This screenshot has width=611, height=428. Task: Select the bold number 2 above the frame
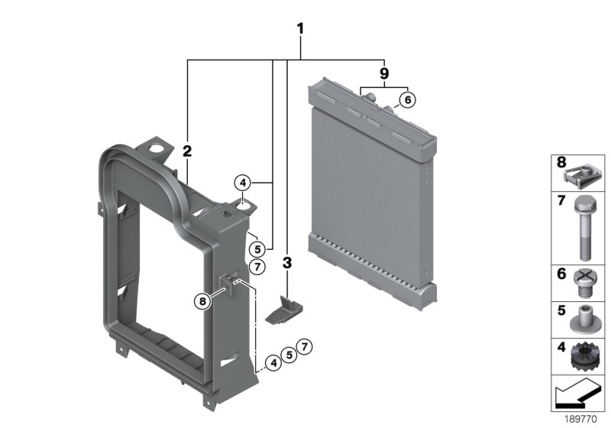pos(186,151)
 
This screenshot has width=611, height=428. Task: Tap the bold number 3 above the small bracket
pos(287,264)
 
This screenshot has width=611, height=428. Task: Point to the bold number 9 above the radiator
pos(384,73)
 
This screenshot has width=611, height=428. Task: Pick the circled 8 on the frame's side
pos(202,302)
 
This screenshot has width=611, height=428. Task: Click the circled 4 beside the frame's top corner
pos(242,183)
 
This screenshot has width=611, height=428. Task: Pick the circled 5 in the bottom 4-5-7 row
pos(288,354)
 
